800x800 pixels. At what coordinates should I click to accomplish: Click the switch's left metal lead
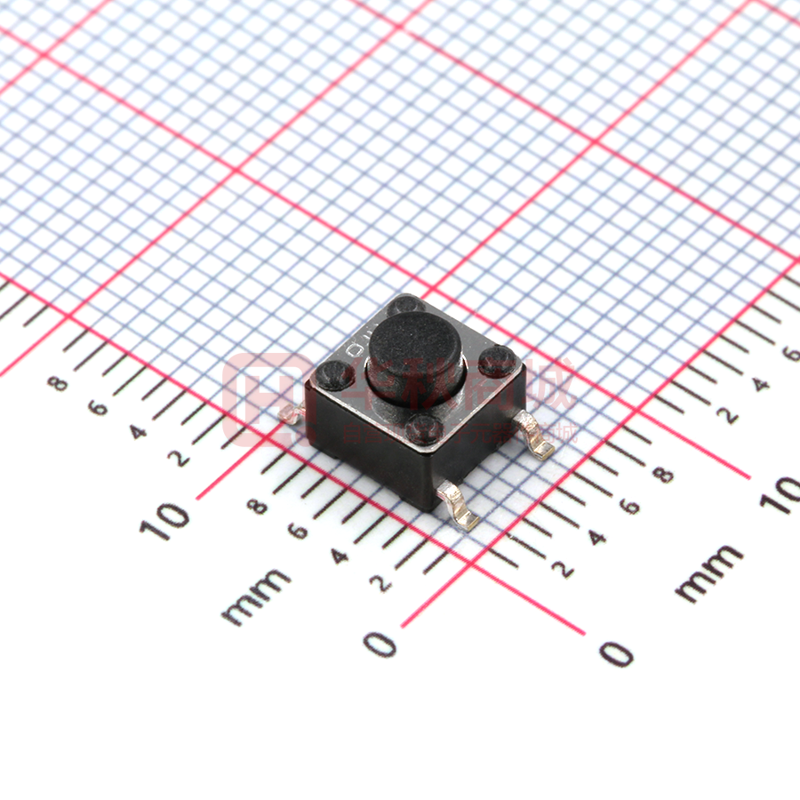pos(290,413)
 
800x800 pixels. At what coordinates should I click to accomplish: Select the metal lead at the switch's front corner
pos(460,509)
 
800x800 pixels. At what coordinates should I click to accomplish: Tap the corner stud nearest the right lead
pos(495,361)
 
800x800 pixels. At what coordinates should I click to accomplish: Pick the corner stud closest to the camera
pos(424,429)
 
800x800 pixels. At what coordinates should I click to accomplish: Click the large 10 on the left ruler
pos(164,520)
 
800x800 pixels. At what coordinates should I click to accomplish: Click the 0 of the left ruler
pos(381,643)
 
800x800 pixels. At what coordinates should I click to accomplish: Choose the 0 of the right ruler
pos(616,653)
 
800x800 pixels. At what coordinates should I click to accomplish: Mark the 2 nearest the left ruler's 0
pos(380,583)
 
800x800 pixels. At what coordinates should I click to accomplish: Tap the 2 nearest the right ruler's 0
pos(563,569)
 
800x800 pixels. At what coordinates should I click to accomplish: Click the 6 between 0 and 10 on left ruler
pos(298,532)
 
